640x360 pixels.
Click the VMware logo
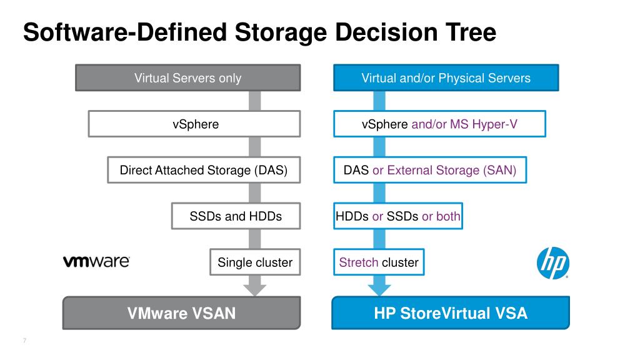(96, 262)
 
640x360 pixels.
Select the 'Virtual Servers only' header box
(187, 78)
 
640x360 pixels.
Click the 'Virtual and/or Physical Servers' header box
(446, 78)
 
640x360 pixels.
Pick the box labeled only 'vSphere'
(195, 124)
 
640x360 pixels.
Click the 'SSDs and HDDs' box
(236, 217)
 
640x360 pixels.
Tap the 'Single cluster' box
(254, 262)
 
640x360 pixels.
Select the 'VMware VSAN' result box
(181, 312)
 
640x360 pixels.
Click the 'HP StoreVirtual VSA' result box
(451, 312)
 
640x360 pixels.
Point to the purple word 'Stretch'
(358, 262)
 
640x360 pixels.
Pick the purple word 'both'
(448, 217)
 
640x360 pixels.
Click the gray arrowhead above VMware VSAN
(254, 289)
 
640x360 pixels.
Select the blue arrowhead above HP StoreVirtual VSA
(378, 289)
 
